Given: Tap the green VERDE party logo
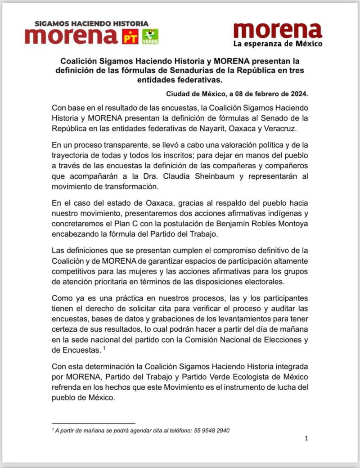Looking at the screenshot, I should [x=150, y=36].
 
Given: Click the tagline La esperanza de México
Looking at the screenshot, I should [x=278, y=44].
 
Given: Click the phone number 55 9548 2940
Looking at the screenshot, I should [x=212, y=431].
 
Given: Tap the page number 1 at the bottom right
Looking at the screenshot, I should [x=306, y=439].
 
